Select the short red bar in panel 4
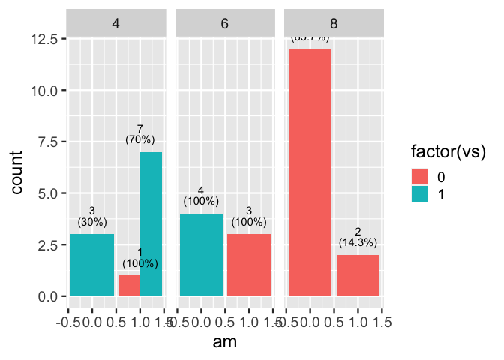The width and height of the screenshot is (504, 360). [128, 286]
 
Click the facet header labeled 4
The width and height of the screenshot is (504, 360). [116, 23]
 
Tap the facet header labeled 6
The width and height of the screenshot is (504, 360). [225, 23]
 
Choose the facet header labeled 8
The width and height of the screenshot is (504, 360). [334, 23]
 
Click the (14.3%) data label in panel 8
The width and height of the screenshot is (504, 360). [358, 242]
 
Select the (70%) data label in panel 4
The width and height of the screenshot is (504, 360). [139, 139]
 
